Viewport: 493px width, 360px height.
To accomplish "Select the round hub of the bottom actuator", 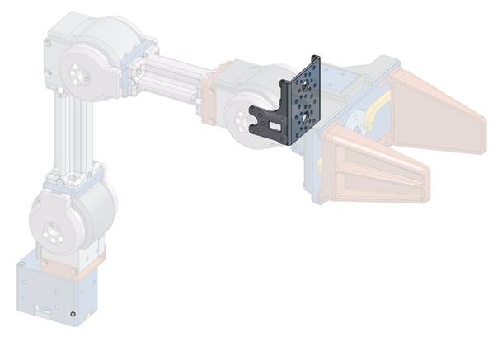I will coord(52,232).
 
